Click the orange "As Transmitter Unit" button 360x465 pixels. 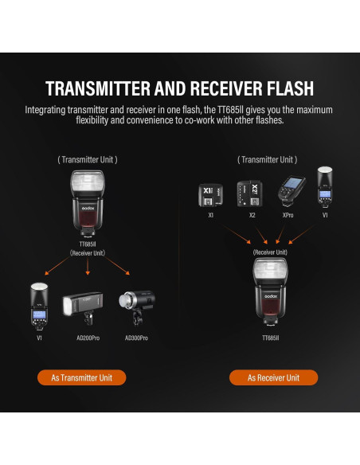[x=81, y=377]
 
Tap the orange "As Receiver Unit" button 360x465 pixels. [x=273, y=377]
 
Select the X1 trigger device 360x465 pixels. [x=210, y=195]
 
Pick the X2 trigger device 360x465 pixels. [x=250, y=193]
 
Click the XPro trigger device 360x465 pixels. [x=291, y=191]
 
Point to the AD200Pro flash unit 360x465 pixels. [x=83, y=308]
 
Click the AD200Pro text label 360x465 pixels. [x=88, y=338]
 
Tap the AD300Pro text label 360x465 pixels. [x=136, y=338]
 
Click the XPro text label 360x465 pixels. [x=288, y=215]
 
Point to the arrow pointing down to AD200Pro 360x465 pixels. [x=88, y=266]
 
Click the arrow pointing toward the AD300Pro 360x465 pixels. [x=117, y=266]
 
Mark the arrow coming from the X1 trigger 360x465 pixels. [x=237, y=235]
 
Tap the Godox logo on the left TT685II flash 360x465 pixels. [x=88, y=208]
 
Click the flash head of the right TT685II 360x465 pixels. [x=270, y=271]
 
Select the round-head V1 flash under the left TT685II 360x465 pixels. [x=39, y=307]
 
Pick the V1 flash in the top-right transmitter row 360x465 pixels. [x=325, y=188]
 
